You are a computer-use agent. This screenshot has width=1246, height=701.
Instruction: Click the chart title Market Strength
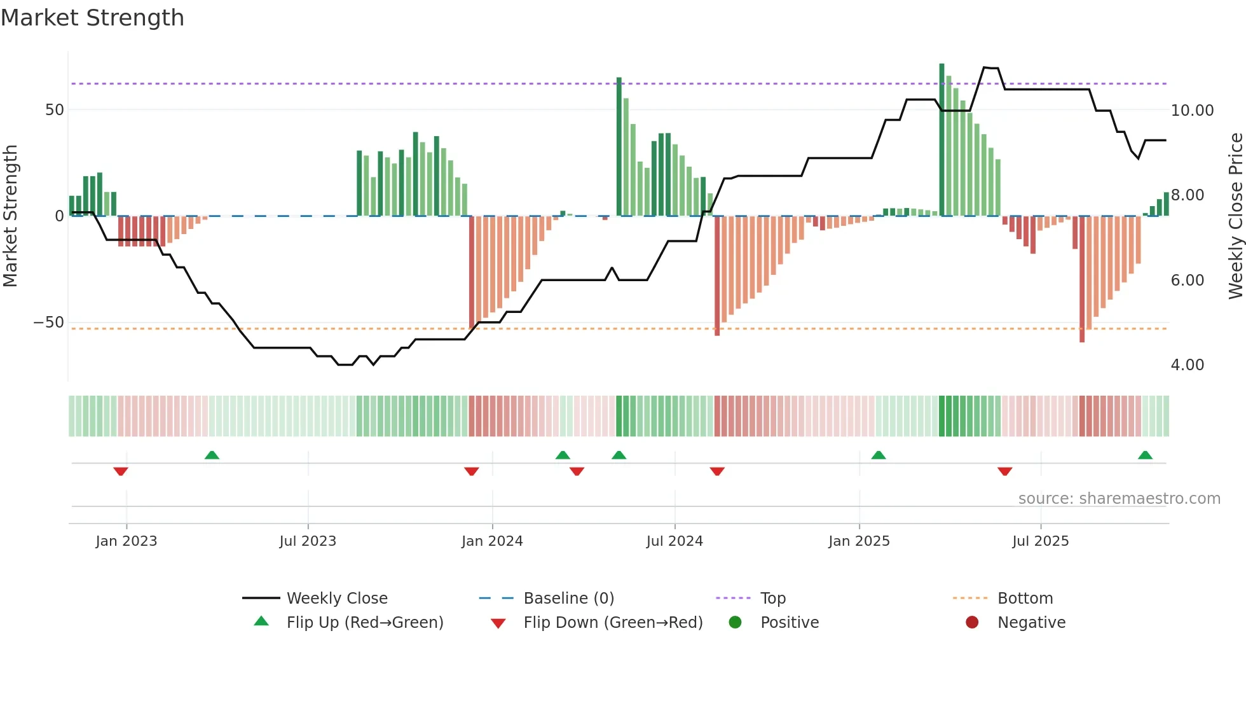92,18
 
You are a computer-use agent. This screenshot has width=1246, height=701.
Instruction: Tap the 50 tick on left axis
55,110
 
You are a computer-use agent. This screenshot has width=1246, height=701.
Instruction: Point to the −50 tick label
49,323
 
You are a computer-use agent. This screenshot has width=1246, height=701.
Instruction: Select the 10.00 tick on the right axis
1192,111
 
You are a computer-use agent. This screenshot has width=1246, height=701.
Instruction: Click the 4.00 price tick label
1187,365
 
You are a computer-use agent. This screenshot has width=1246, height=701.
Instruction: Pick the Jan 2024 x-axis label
492,541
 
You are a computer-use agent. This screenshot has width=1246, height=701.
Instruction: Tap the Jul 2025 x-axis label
1040,541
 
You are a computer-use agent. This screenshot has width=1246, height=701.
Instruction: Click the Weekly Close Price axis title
1235,216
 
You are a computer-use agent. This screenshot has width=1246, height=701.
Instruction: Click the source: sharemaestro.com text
1119,499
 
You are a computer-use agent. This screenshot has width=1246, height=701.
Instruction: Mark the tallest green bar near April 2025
941,140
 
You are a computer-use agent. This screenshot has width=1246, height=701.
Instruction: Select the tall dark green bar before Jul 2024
619,146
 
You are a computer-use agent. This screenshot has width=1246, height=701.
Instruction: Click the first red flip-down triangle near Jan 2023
121,471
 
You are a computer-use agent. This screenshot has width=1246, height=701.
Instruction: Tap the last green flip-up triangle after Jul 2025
1145,455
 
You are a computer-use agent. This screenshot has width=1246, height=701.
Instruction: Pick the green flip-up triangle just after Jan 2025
878,455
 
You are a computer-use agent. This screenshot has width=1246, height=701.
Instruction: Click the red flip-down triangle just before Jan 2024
471,471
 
